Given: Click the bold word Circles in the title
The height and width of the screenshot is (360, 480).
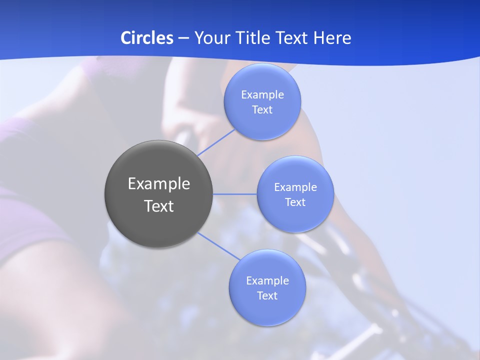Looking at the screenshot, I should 146,38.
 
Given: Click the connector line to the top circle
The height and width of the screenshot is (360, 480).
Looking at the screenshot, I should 216,142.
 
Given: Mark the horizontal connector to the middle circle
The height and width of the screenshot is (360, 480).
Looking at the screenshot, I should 235,194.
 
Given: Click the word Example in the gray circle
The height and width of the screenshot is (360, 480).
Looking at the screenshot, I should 159,184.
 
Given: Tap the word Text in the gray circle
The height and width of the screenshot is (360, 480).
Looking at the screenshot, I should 159,206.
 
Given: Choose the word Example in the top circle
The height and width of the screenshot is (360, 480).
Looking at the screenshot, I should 262,95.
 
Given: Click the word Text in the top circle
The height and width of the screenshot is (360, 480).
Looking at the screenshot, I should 262,110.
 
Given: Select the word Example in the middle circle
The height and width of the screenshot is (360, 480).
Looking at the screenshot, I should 295,187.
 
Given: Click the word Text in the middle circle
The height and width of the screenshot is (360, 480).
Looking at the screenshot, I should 295,202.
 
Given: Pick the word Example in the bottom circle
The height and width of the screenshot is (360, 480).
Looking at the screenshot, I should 267,281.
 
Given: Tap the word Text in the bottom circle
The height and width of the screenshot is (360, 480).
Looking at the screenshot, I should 267,296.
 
